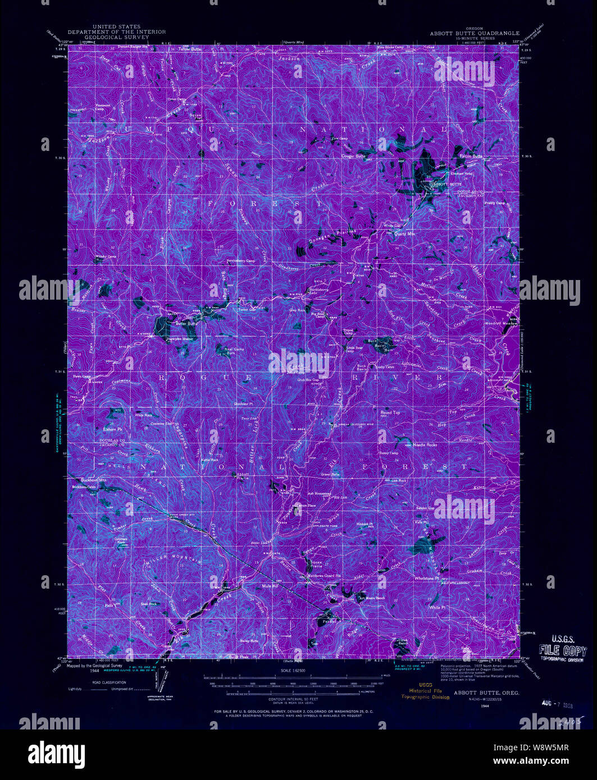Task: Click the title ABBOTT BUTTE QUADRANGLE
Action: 475,33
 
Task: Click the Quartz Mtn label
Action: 404,233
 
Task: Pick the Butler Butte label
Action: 186,324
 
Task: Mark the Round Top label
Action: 390,412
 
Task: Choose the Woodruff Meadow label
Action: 502,324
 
